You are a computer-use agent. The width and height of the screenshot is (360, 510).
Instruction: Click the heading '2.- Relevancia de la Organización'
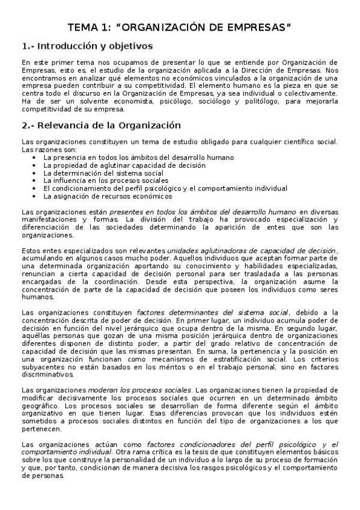click(101, 126)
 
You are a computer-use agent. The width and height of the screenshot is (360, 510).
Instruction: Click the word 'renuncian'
click(37, 274)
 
